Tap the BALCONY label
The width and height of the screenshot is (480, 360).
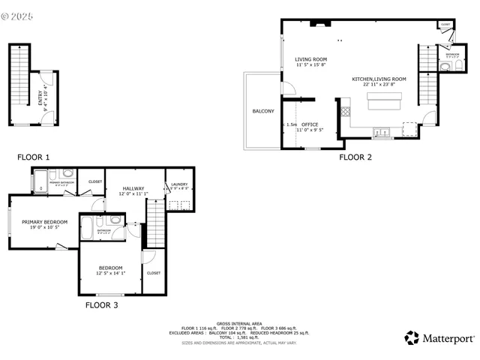(x=262, y=111)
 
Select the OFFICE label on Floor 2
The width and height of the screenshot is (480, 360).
(x=310, y=124)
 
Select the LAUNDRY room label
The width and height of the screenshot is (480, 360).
(x=178, y=184)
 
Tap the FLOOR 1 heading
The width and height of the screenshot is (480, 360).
(x=34, y=157)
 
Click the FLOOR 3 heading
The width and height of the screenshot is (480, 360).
(x=101, y=305)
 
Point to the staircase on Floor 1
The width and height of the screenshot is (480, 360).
(x=17, y=82)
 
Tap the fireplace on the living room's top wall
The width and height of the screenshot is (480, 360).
(x=320, y=23)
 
